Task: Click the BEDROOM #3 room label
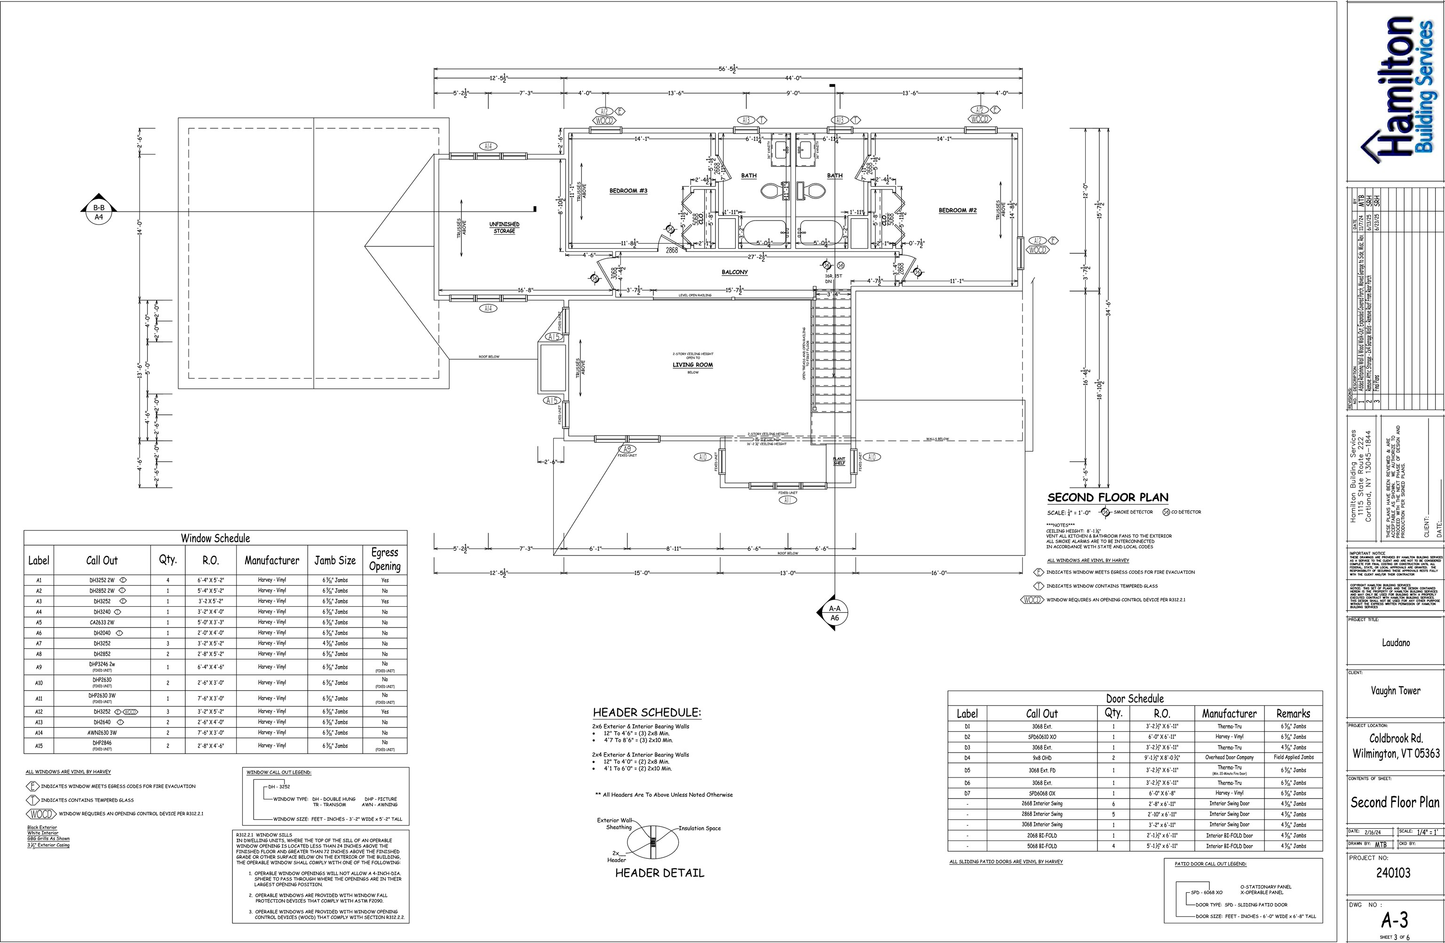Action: tap(628, 190)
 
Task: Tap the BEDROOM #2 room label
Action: tap(958, 210)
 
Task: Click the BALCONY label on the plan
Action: tap(734, 272)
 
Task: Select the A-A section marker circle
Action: tap(834, 613)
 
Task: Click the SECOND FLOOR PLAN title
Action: tap(1107, 497)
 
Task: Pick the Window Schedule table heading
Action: tap(215, 538)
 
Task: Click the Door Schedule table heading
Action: tap(1134, 698)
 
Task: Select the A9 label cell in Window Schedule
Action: tap(39, 667)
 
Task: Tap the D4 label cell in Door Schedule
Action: tap(967, 757)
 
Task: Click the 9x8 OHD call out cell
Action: tap(1041, 757)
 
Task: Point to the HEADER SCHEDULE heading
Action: tap(647, 712)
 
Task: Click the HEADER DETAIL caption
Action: tap(659, 873)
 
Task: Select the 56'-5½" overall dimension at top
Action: tap(727, 69)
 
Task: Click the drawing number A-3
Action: tap(1395, 920)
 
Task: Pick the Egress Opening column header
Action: tap(384, 559)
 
